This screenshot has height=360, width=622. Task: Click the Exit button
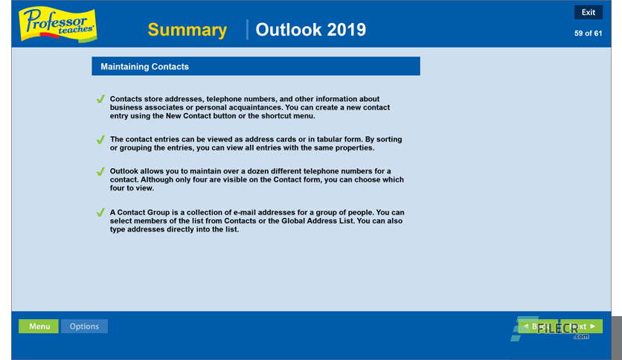point(588,12)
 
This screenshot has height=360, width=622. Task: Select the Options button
point(84,326)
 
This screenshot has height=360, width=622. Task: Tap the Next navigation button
point(584,327)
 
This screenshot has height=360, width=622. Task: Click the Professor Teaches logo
point(57,25)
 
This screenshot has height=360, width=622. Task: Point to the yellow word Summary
point(187,30)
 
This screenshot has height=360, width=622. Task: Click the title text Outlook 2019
point(310,30)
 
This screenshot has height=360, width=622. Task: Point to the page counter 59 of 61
point(588,33)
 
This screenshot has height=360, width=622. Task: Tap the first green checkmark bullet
point(100,99)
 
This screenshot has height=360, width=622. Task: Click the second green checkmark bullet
point(100,139)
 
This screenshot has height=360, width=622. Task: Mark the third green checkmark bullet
point(100,172)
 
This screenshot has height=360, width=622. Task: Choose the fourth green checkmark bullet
point(100,213)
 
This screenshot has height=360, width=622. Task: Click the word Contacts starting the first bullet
point(127,99)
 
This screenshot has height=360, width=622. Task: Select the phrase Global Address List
point(298,221)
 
